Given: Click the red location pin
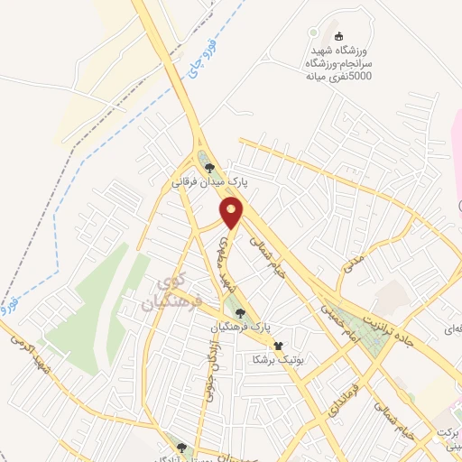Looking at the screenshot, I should pyautogui.click(x=232, y=212).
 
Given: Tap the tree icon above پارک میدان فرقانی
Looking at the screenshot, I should pyautogui.click(x=209, y=167).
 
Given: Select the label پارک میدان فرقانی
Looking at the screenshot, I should pyautogui.click(x=210, y=181).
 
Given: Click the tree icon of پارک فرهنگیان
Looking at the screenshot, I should pyautogui.click(x=239, y=312).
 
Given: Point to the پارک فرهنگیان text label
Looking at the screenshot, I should pyautogui.click(x=245, y=327).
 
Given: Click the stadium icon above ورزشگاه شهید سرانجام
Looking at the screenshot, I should pyautogui.click(x=339, y=37).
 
